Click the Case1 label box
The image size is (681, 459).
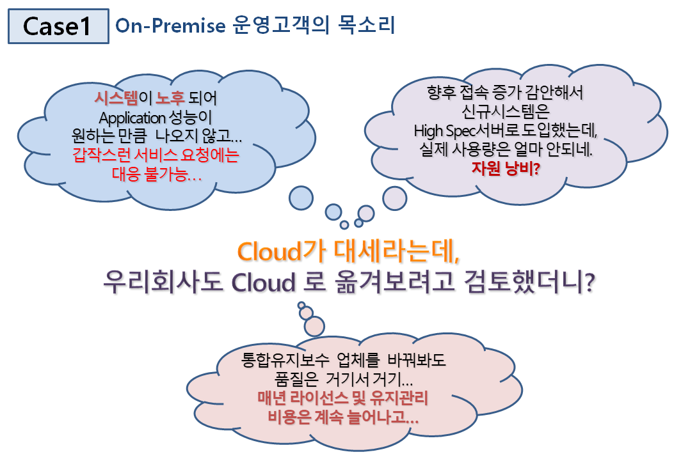tap(58, 26)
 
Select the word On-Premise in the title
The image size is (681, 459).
tap(170, 26)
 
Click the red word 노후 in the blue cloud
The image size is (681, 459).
tap(170, 98)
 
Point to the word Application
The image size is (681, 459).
tap(132, 118)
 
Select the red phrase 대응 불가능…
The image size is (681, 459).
tap(157, 175)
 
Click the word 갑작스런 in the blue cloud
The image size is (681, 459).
tap(102, 155)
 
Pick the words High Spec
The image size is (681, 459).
tap(445, 130)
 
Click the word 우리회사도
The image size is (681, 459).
tap(163, 282)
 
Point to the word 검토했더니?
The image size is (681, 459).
tap(529, 281)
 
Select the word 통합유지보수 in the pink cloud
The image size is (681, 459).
tap(285, 360)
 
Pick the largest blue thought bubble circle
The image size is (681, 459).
tap(301, 198)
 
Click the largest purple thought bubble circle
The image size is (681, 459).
tap(394, 198)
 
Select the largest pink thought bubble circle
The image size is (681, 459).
tap(314, 326)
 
